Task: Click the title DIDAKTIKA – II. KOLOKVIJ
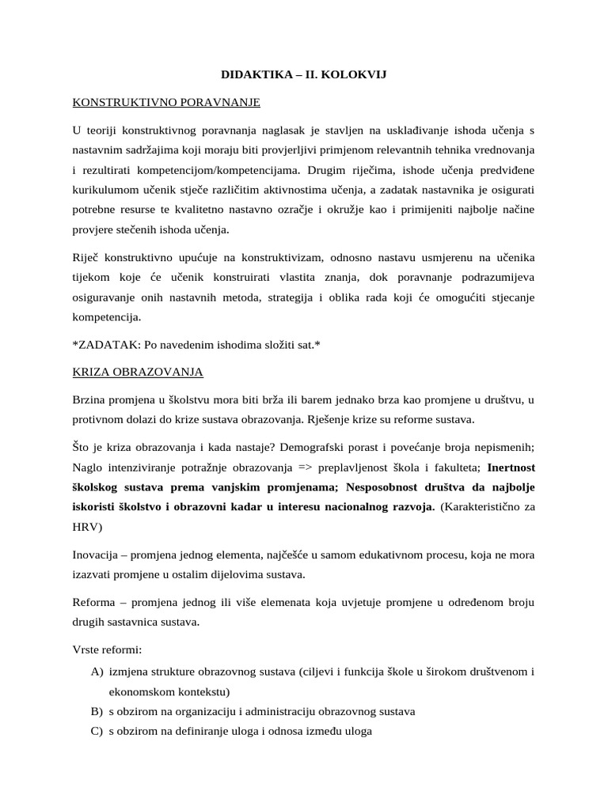point(303,75)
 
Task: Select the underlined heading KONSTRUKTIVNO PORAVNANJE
point(165,102)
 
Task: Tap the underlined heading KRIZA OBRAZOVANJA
point(139,371)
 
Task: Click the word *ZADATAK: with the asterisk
point(103,344)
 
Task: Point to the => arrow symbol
point(313,466)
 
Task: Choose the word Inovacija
point(99,554)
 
